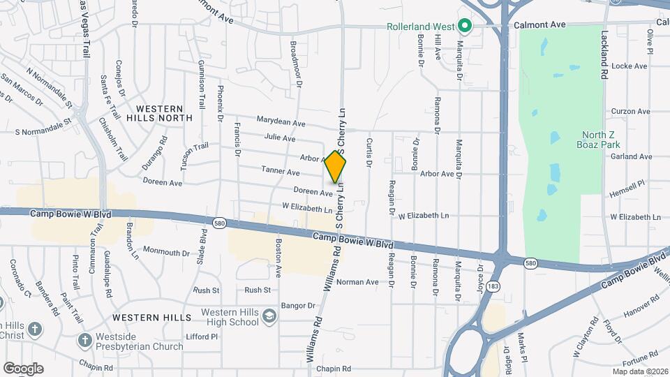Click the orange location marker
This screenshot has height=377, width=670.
[x=336, y=167]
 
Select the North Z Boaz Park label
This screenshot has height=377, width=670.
[x=602, y=140]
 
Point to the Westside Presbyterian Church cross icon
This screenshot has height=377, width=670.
[x=84, y=341]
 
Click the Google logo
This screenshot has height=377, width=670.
[x=23, y=369]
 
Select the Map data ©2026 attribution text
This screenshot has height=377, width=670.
[x=639, y=371]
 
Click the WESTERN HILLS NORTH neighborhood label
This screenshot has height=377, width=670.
[x=159, y=114]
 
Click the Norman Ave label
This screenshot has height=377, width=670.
[x=357, y=283]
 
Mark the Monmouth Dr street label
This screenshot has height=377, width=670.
[x=166, y=250]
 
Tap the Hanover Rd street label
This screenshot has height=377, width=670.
[x=640, y=305]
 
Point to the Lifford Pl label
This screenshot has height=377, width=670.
[x=203, y=337]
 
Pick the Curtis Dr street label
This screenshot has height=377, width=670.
[x=368, y=152]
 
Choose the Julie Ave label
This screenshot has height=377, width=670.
[x=280, y=138]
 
